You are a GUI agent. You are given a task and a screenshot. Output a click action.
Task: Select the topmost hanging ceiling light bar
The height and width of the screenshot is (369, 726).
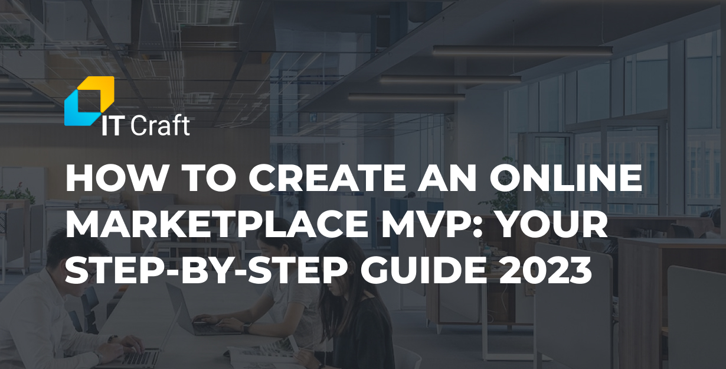tap(522, 51)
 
